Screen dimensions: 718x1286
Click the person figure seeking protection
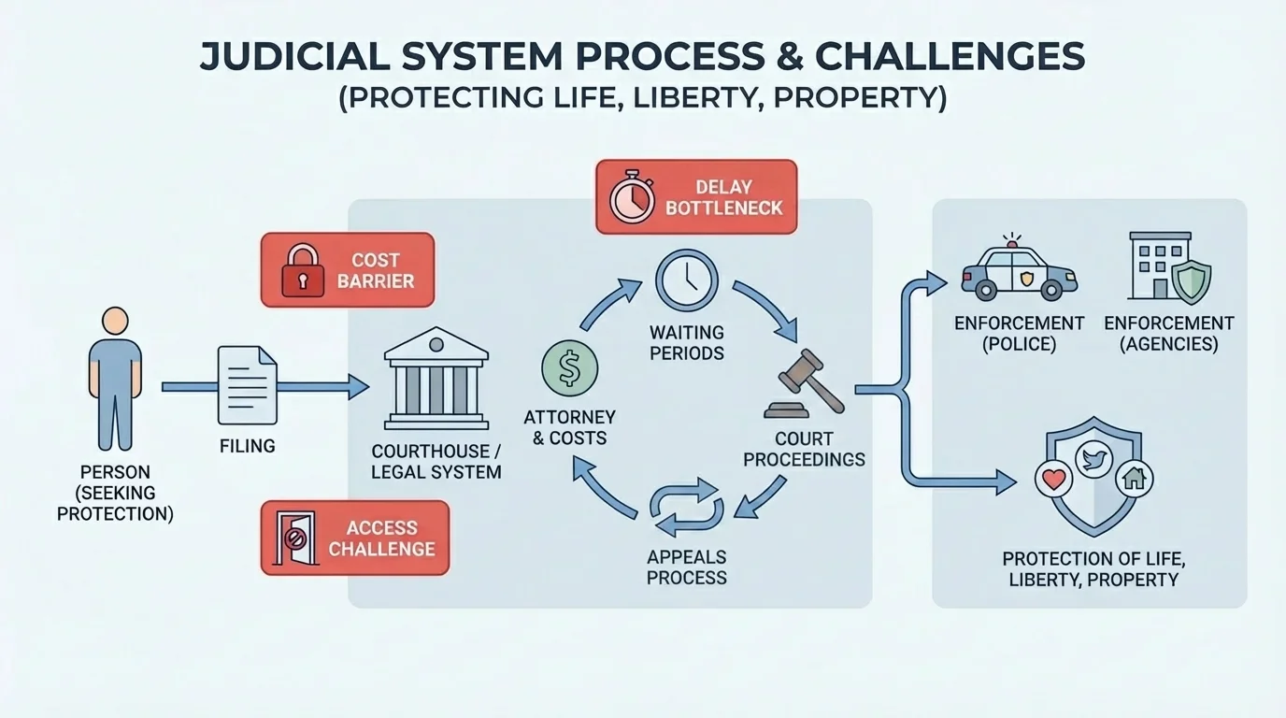point(115,379)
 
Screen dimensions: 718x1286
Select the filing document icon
point(247,384)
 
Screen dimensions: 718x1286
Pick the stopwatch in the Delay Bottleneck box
point(632,196)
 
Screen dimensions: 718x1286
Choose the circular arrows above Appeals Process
point(686,504)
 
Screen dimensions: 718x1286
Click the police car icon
point(1019,271)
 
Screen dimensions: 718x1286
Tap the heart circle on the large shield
point(1053,479)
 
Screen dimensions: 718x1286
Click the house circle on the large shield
point(1135,479)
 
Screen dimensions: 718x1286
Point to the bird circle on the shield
point(1093,458)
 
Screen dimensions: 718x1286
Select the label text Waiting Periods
point(687,343)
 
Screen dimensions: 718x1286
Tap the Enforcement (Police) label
point(1019,333)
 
